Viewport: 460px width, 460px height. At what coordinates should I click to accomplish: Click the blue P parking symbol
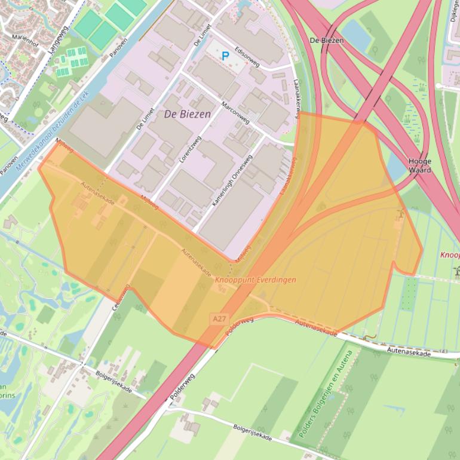(225, 57)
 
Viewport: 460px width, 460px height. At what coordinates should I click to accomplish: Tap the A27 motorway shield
(219, 320)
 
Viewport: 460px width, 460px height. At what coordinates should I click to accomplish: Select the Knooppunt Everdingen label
(255, 280)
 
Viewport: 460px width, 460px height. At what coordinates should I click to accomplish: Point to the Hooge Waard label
(419, 165)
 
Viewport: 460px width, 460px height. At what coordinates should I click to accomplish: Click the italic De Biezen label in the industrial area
(187, 114)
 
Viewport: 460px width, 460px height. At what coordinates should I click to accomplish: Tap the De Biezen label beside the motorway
(327, 40)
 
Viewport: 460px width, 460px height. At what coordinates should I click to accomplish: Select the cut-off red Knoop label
(449, 254)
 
